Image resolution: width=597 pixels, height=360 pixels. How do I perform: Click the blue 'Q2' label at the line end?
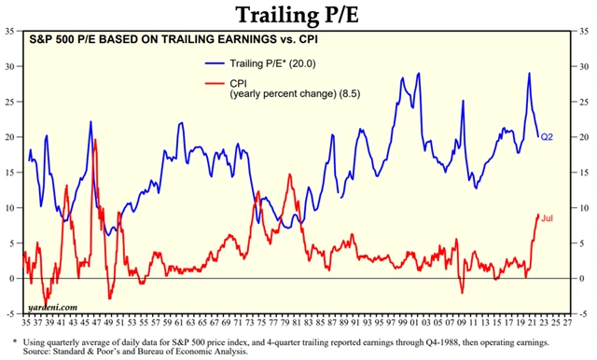click(547, 137)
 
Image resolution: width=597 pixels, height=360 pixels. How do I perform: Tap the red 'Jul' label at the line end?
click(548, 217)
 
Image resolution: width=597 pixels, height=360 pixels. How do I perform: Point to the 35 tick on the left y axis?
click(9, 32)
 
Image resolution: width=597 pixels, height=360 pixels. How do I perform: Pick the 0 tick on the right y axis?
click(584, 278)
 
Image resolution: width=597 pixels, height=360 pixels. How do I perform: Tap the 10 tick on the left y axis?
click(9, 208)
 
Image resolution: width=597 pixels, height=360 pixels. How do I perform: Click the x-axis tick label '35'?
click(24, 322)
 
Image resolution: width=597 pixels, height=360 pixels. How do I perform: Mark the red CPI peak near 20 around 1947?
click(96, 140)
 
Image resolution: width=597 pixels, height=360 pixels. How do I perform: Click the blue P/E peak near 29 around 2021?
click(530, 74)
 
